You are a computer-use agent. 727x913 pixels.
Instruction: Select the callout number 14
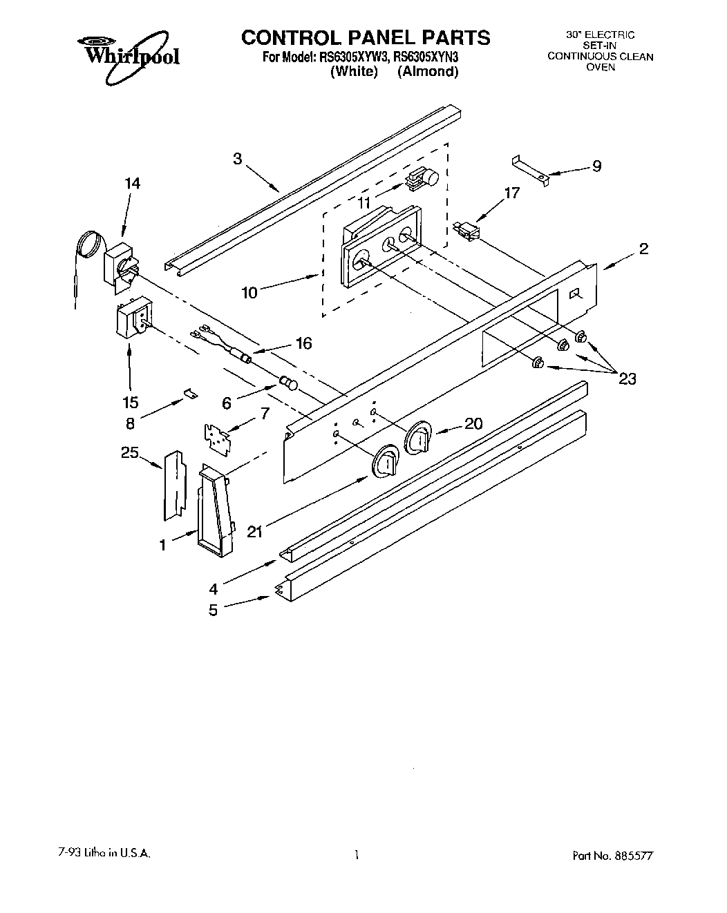coord(132,183)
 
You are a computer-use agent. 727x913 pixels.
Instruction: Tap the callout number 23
coord(627,378)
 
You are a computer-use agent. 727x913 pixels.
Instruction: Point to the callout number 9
coord(596,166)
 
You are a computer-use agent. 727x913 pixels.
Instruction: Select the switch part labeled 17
coord(466,231)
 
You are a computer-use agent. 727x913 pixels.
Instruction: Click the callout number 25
coord(130,453)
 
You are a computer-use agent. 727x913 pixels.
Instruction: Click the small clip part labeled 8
coord(189,394)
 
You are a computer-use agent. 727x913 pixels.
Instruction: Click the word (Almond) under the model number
coord(428,71)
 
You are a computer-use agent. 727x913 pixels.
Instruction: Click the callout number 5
coord(213,610)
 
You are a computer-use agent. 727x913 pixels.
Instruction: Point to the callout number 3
coord(237,159)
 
